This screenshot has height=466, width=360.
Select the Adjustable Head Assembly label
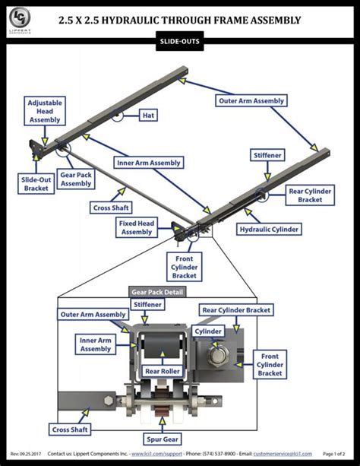click(46, 110)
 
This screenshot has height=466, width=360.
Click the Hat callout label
click(149, 116)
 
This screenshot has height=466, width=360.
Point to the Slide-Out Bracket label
click(35, 183)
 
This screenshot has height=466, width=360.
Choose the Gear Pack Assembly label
click(77, 179)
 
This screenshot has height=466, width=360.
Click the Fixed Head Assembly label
click(137, 227)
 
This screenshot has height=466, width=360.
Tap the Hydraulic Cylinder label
click(270, 228)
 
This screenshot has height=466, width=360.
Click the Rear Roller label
click(162, 372)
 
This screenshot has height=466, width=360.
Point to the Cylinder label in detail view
click(207, 331)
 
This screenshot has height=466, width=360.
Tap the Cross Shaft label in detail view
click(70, 429)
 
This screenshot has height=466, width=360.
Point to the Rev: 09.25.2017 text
click(25, 454)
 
